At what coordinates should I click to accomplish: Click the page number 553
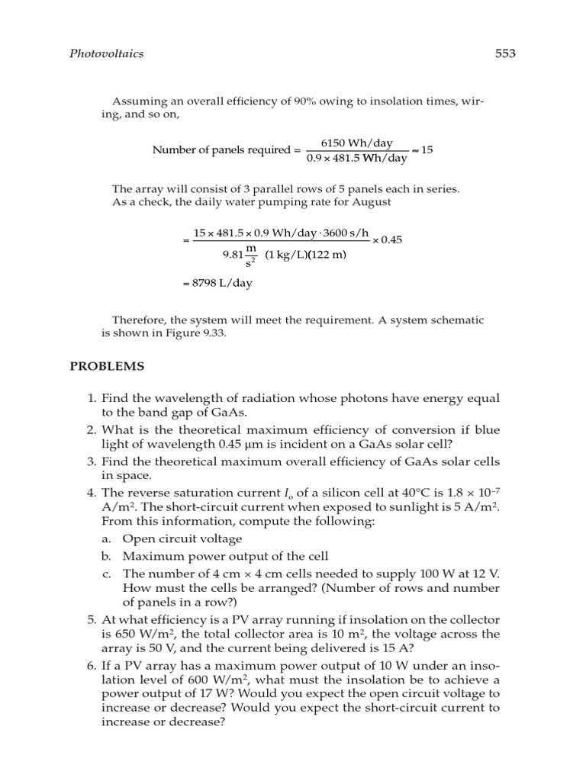tap(505, 53)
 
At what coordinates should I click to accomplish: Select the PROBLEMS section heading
tap(107, 366)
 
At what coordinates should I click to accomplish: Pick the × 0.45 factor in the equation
tap(387, 239)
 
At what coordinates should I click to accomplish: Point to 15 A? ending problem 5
tap(401, 648)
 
